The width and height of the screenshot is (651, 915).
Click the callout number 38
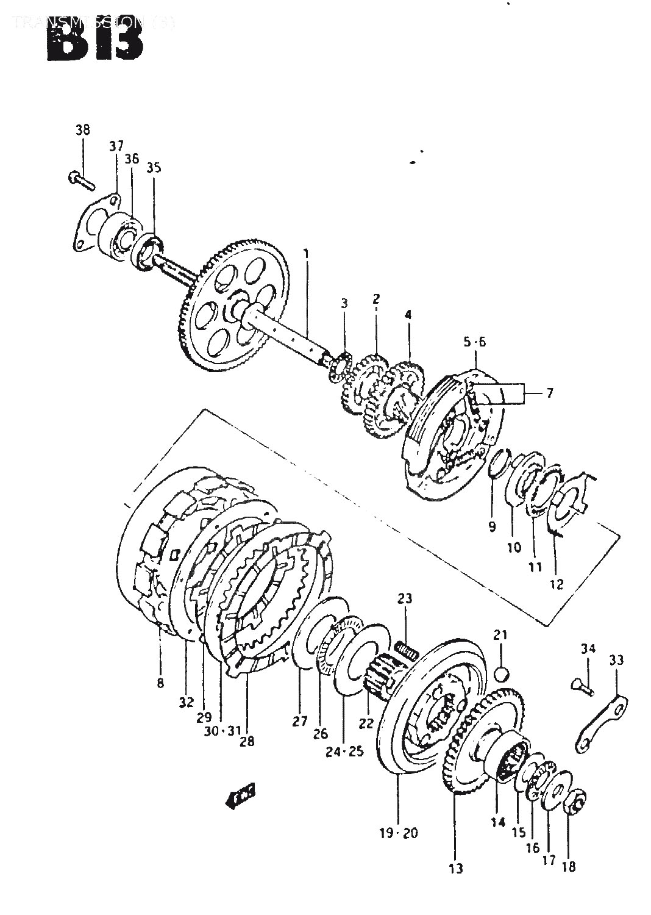[82, 130]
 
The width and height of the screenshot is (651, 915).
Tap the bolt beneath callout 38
[80, 180]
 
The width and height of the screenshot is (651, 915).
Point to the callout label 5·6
[474, 342]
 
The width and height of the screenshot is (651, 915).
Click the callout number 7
[549, 393]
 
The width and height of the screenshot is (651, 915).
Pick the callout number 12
[556, 584]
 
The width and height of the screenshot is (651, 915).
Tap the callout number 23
[406, 599]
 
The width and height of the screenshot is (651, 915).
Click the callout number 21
[500, 636]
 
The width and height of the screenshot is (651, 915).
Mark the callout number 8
[160, 684]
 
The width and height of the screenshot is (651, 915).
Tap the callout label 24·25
[344, 752]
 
